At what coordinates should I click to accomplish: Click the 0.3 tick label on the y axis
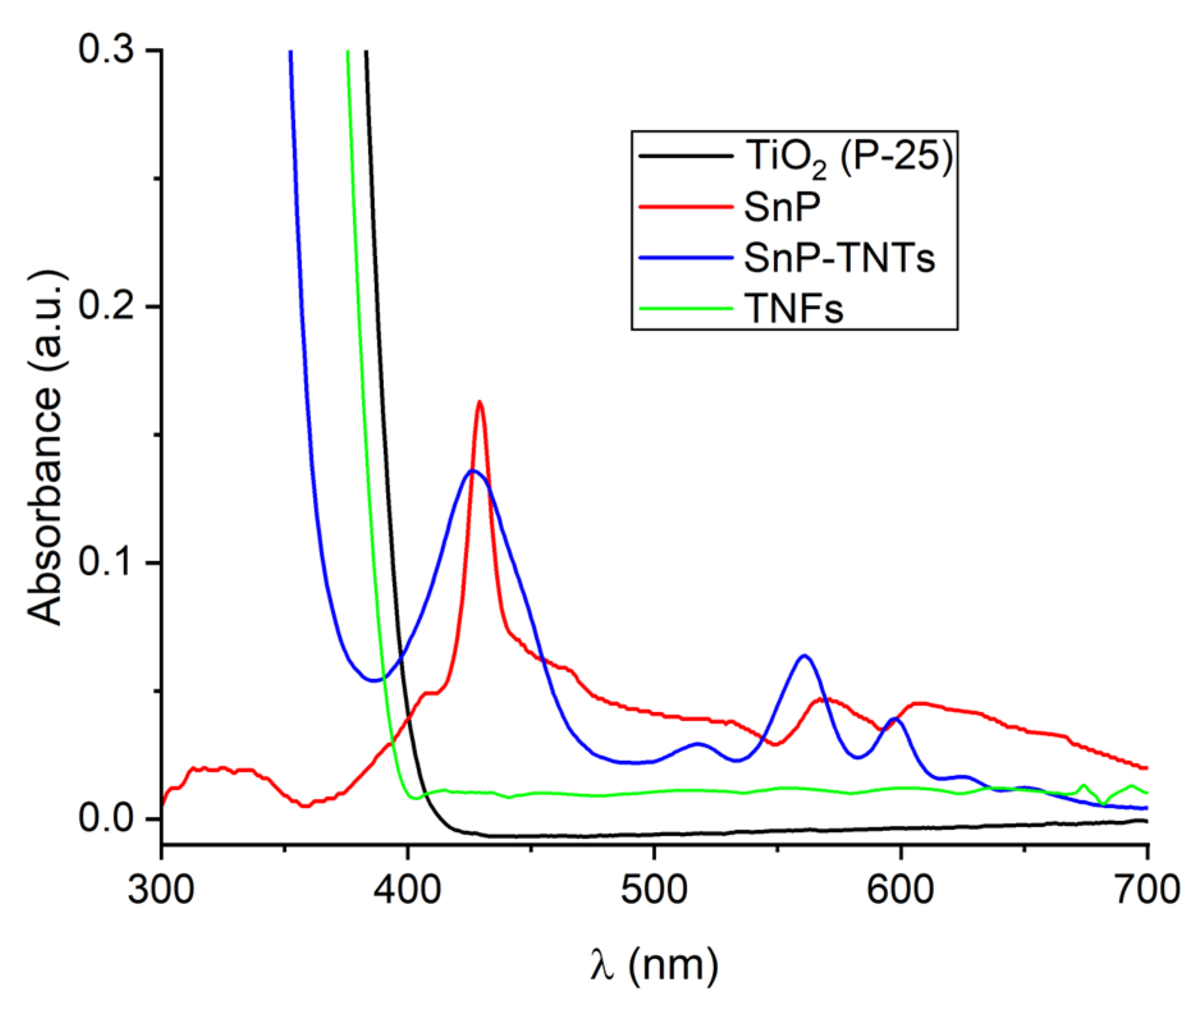[x=106, y=49]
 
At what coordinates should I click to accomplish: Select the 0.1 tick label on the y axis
[x=106, y=562]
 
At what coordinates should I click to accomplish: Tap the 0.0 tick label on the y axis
[x=106, y=818]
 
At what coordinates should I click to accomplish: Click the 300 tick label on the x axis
[x=161, y=889]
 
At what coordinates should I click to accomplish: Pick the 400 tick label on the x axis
[x=408, y=889]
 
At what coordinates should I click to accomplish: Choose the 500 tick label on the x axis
[x=654, y=889]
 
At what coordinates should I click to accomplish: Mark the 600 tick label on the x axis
[x=900, y=889]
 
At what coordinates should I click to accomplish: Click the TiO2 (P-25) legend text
[x=848, y=157]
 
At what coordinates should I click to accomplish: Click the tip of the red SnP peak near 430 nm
[x=479, y=402]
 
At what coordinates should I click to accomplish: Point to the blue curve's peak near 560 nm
[x=804, y=656]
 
